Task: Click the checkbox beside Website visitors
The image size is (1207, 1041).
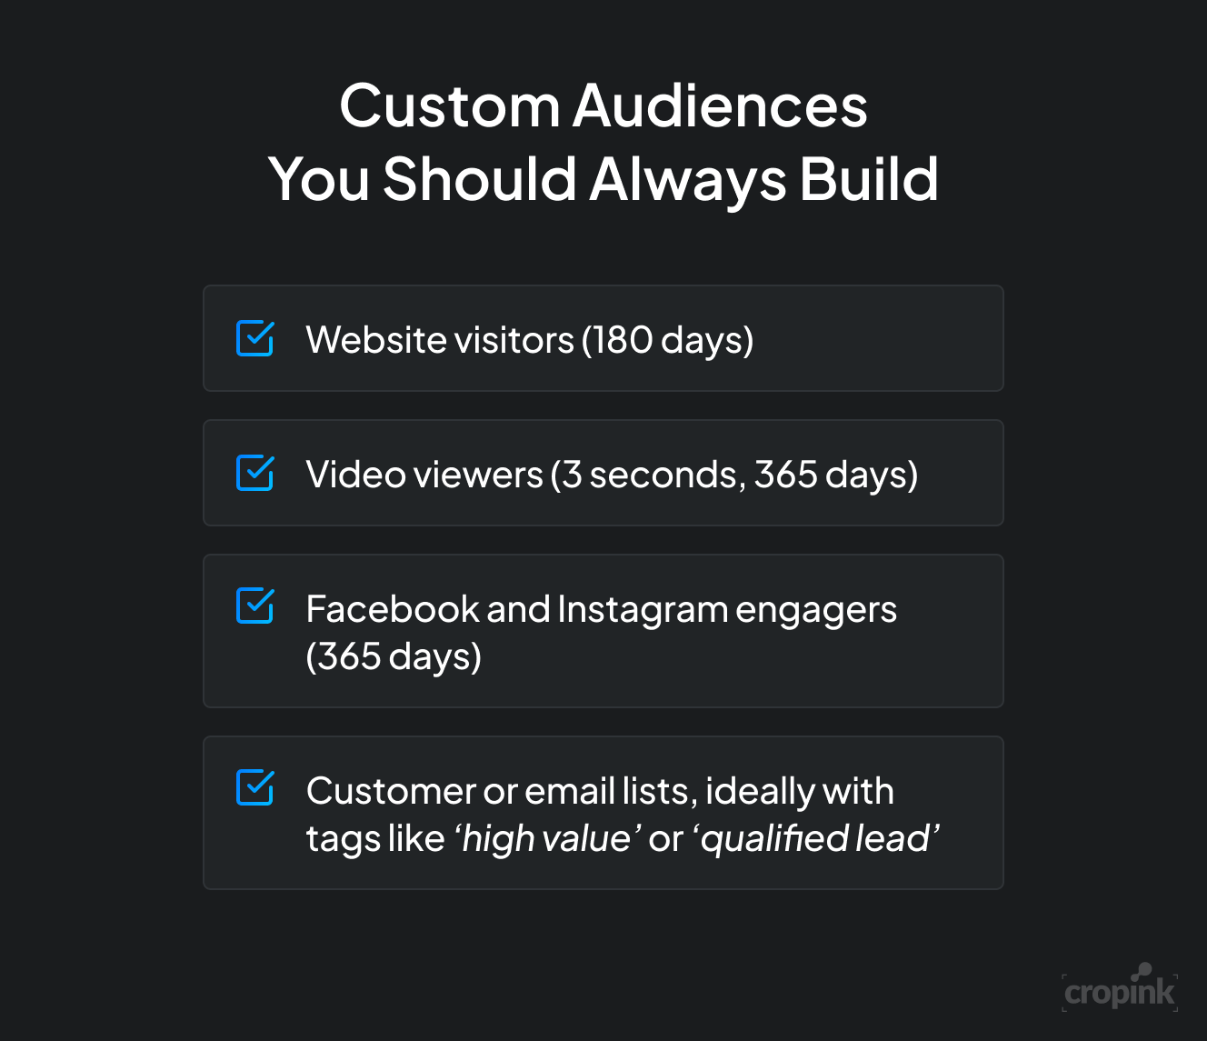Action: (254, 338)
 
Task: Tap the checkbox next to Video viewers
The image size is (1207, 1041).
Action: (254, 473)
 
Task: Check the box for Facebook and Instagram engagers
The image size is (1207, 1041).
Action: (254, 606)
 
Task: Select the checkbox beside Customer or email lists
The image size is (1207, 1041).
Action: (254, 788)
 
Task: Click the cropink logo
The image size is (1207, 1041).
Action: (1120, 989)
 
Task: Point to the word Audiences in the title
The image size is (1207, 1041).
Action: (720, 106)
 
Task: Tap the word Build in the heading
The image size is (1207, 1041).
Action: (869, 179)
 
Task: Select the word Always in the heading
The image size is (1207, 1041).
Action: (687, 179)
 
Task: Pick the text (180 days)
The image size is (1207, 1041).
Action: (668, 340)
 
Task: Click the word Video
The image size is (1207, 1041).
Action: (354, 475)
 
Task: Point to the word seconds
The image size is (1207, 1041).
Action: (663, 475)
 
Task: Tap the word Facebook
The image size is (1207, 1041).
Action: (392, 609)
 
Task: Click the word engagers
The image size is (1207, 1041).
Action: (815, 609)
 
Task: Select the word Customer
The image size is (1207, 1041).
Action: (390, 791)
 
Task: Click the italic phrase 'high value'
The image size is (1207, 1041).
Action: (547, 838)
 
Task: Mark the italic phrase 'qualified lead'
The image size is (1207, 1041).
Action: (816, 838)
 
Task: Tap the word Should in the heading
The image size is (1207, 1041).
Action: (479, 179)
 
